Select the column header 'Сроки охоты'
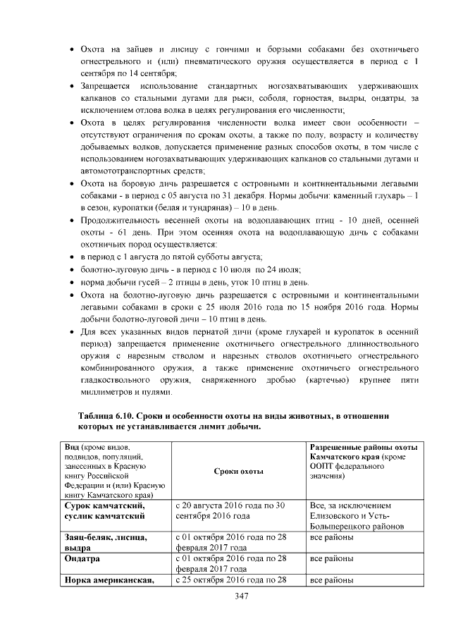[238, 471]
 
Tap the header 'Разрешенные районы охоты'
[364, 448]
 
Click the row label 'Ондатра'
[81, 558]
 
